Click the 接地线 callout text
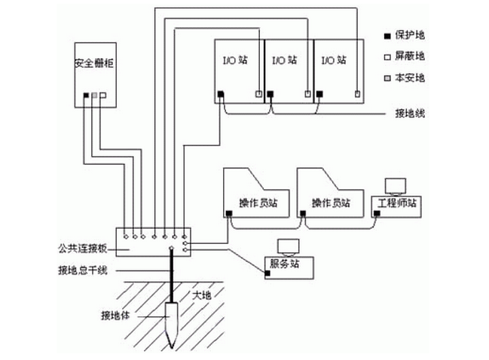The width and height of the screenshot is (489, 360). (410, 114)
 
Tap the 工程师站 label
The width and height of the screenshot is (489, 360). (396, 203)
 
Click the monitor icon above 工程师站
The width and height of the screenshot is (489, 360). (395, 185)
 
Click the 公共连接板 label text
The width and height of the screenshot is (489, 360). (78, 246)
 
